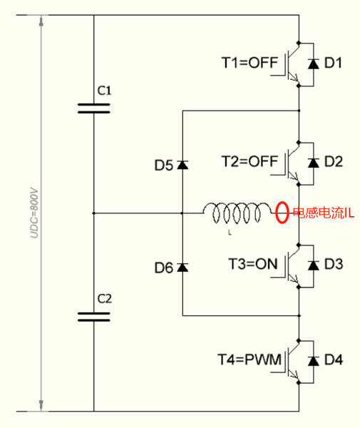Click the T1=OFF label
(x=250, y=63)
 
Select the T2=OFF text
(x=250, y=161)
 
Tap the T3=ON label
(x=253, y=264)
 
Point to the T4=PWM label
(x=250, y=360)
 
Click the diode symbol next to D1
(x=314, y=64)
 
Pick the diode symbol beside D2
(x=314, y=163)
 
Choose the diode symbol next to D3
(x=314, y=265)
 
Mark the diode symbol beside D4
(x=314, y=361)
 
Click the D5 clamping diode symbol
(x=182, y=165)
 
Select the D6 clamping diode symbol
(x=182, y=267)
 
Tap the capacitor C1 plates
(x=94, y=108)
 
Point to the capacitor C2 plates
(x=94, y=317)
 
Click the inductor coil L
(x=237, y=213)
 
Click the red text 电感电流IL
(x=324, y=213)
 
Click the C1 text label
(x=105, y=91)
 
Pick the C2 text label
(x=105, y=299)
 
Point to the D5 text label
(x=164, y=165)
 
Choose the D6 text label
(x=164, y=267)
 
